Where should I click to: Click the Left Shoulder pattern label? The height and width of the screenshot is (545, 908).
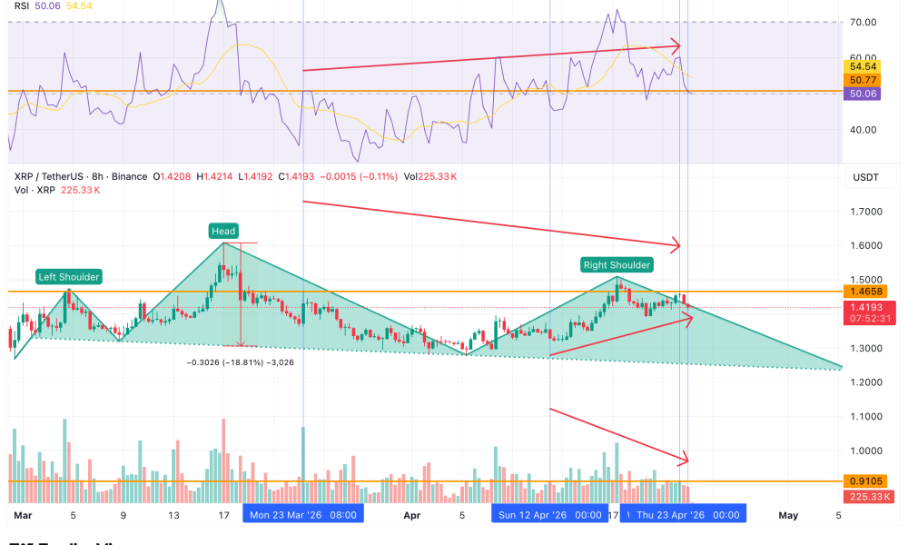[69, 276]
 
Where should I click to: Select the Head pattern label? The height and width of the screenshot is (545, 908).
[223, 232]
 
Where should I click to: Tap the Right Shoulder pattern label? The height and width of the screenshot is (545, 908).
[617, 264]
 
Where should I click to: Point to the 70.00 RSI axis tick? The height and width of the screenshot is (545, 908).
[864, 22]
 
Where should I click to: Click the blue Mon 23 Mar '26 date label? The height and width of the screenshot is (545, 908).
[303, 515]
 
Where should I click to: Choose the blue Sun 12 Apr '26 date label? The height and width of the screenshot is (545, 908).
[550, 515]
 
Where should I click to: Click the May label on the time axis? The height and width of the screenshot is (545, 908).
[788, 515]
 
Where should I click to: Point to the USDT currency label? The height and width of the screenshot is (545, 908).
[864, 177]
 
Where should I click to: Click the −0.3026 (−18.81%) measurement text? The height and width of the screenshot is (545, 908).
[240, 362]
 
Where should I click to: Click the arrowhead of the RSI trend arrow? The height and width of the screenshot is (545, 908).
[676, 45]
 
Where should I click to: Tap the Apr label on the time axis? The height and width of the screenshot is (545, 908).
[411, 515]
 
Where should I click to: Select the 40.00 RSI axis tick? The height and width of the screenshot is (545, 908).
[864, 129]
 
